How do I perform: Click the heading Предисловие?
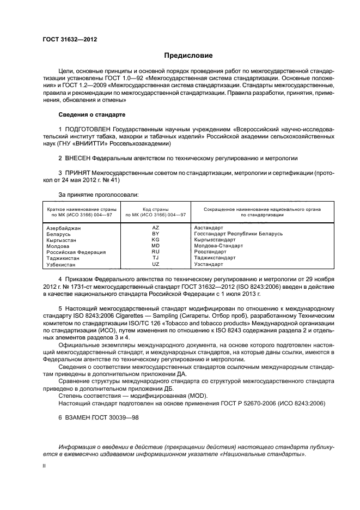tap(188, 56)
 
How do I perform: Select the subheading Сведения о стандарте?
tap(91, 115)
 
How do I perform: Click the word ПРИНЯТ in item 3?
tap(78, 173)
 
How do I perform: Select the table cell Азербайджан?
tap(64, 227)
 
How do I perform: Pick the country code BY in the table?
tap(155, 233)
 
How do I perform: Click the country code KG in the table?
tap(155, 240)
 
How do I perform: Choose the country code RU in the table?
tap(155, 252)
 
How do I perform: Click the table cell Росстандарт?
tap(210, 252)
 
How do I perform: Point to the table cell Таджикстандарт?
tap(215, 258)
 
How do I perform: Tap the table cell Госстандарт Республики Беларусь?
tap(238, 233)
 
